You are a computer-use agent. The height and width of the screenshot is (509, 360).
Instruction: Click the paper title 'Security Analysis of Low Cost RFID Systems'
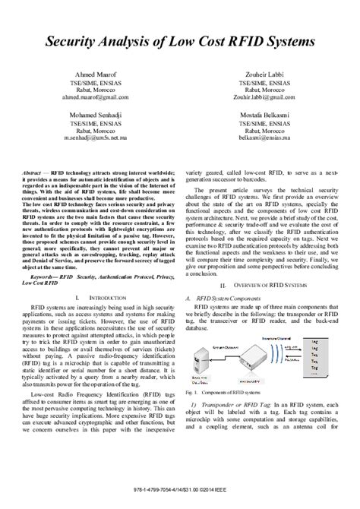pyautogui.click(x=179, y=39)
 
